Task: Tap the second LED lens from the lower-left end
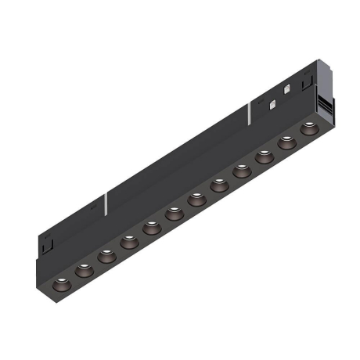[x=83, y=268]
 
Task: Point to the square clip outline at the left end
[x=48, y=245]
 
